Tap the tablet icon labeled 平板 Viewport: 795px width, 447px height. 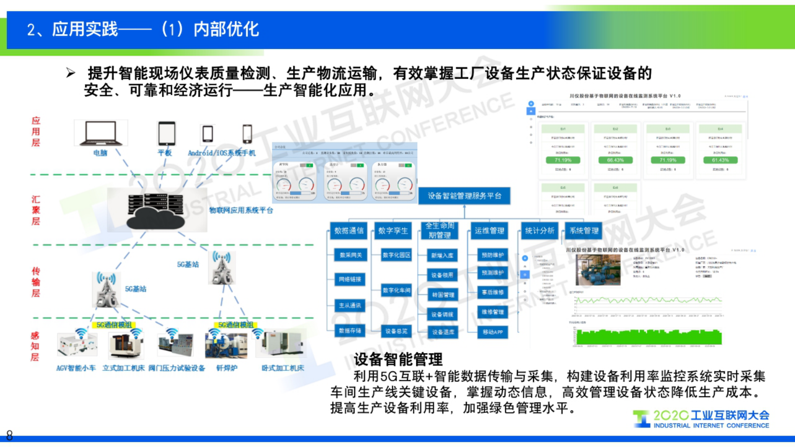[x=166, y=133]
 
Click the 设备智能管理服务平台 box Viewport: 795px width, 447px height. [x=464, y=196]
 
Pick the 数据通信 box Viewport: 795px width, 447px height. [x=349, y=231]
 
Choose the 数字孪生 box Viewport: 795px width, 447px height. [x=393, y=231]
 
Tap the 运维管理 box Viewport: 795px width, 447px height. [x=489, y=231]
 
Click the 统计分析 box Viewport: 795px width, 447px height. [x=539, y=231]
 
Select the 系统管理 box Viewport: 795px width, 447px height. [x=584, y=231]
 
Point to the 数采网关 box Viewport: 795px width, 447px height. [x=350, y=255]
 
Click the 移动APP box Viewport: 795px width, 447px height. [x=492, y=332]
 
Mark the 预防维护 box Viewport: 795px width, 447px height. [x=492, y=255]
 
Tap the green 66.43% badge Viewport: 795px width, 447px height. [x=615, y=160]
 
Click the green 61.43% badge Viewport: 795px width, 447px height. [x=720, y=160]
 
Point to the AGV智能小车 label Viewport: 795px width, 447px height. [x=76, y=368]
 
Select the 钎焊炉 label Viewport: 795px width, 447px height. [x=226, y=368]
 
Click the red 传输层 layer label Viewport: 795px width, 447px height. [x=36, y=282]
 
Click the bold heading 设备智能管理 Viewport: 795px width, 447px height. [x=398, y=359]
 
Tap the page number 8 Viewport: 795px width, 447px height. [x=9, y=435]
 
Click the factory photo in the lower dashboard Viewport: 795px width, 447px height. [x=598, y=270]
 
